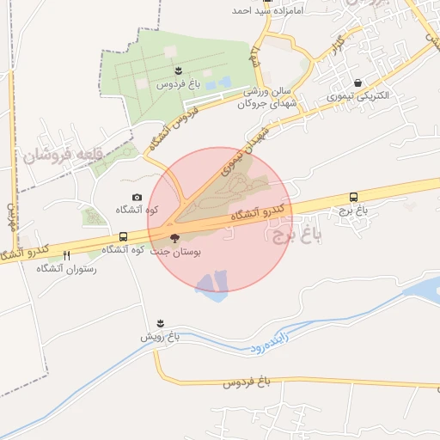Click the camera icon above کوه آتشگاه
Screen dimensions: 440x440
click(137, 198)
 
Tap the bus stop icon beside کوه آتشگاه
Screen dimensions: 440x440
click(124, 236)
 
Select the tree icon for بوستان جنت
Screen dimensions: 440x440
click(174, 239)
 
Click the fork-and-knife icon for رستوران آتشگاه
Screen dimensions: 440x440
click(67, 255)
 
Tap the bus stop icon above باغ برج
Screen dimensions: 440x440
click(353, 197)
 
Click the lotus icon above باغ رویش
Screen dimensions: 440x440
click(159, 323)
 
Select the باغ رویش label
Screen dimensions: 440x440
click(160, 337)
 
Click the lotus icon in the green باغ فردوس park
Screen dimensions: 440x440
click(177, 70)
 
